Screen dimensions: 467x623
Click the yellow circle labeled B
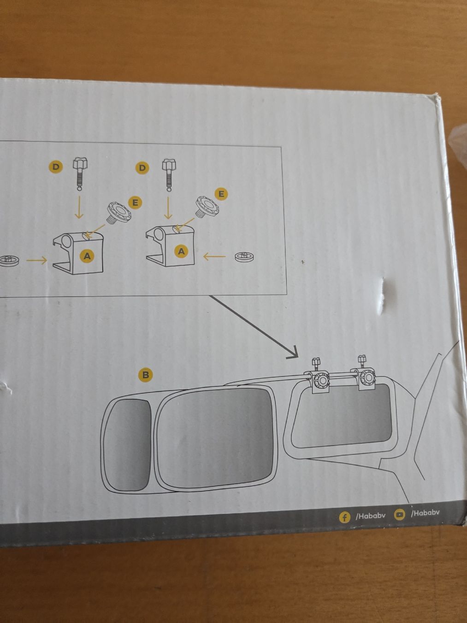pos(145,375)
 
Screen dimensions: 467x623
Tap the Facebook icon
pos(344,518)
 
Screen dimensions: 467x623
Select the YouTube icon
pos(400,514)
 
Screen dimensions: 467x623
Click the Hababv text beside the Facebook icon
pos(370,516)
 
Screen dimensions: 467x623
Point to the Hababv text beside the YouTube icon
pos(425,513)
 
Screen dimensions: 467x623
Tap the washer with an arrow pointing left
pos(244,257)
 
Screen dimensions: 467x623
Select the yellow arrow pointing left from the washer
pos(214,257)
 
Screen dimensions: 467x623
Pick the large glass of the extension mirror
pos(215,437)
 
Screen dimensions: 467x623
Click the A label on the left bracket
pos(87,256)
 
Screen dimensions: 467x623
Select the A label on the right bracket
pos(182,251)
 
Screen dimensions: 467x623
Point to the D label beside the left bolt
pos(56,167)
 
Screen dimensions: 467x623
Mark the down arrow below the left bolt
pos(79,207)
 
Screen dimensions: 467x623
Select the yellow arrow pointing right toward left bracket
pos(36,260)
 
